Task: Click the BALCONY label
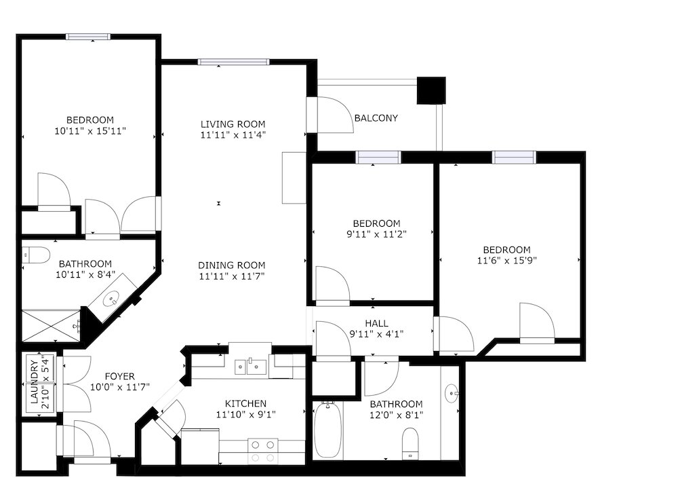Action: tap(376, 118)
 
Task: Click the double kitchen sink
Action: tap(249, 367)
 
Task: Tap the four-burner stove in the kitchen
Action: tap(262, 451)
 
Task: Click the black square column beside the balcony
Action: tap(431, 91)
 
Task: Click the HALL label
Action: tap(376, 323)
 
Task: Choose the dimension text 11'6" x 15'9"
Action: tap(506, 260)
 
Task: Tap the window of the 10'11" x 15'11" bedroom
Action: tap(88, 37)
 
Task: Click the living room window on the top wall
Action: tap(233, 62)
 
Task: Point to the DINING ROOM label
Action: tap(232, 265)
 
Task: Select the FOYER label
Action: tap(119, 376)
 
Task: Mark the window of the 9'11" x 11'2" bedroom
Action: tap(378, 157)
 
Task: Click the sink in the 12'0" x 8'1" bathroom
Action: tap(452, 392)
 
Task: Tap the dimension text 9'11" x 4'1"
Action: tap(376, 334)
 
